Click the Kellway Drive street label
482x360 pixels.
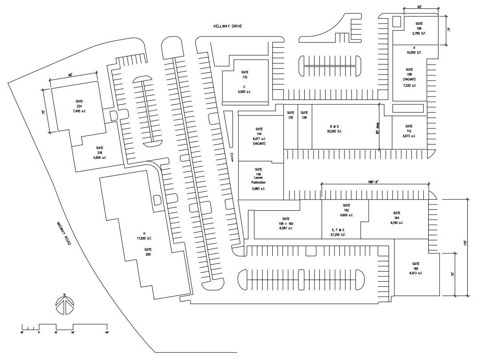point(228,27)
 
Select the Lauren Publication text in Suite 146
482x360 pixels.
point(258,180)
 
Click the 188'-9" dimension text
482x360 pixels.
point(374,182)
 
